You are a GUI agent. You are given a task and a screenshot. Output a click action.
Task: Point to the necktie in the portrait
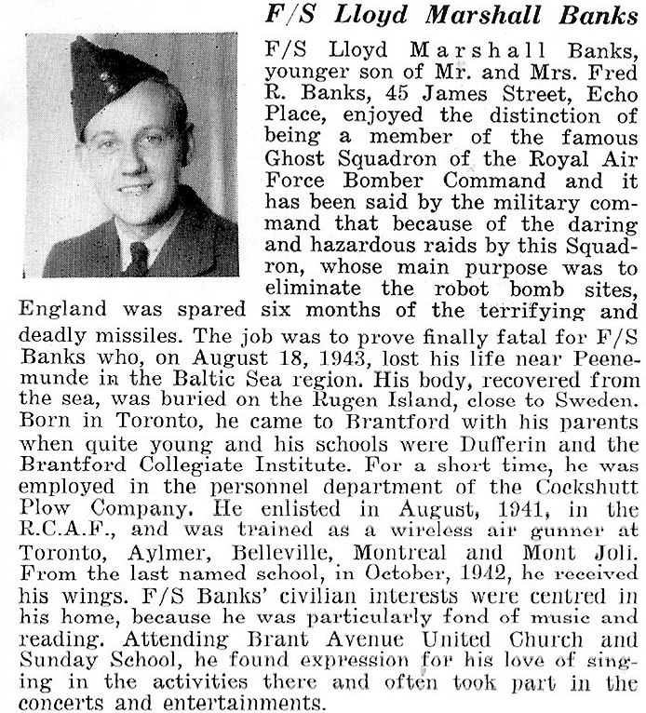pyautogui.click(x=139, y=255)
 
